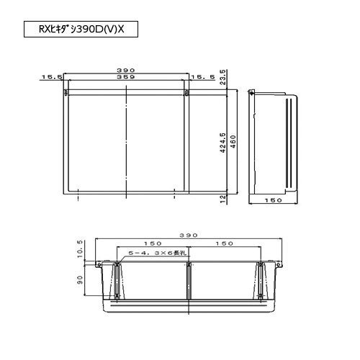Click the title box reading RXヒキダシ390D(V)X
pyautogui.click(x=81, y=29)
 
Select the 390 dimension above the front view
pyautogui.click(x=126, y=71)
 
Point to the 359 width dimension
pyautogui.click(x=126, y=77)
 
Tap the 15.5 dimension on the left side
pyautogui.click(x=52, y=77)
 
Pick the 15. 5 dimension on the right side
pyautogui.click(x=203, y=77)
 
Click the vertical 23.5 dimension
pyautogui.click(x=222, y=77)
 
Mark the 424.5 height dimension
pyautogui.click(x=222, y=143)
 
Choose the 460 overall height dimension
pyautogui.click(x=233, y=142)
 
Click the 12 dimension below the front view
pyautogui.click(x=223, y=199)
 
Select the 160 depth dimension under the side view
pyautogui.click(x=273, y=200)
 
